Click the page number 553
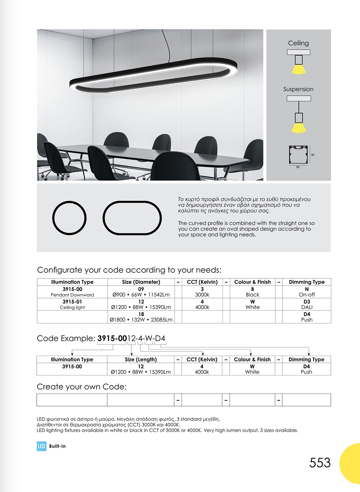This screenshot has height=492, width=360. coord(320,463)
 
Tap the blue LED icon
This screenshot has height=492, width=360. coord(41,446)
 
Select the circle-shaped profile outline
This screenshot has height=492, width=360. coord(69,218)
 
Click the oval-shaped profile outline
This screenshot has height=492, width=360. coord(132,218)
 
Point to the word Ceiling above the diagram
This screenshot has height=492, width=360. coord(298,43)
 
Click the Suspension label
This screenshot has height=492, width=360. coord(298,89)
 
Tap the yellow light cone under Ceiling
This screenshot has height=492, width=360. coord(298,69)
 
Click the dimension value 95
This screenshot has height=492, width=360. coord(298,167)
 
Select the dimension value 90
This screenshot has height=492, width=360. coord(312,155)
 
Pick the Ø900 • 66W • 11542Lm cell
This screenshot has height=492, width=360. coord(141,295)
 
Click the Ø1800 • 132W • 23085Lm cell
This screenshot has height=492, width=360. coord(141,320)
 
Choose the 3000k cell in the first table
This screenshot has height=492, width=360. coord(202,295)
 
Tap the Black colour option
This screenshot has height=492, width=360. coord(252,295)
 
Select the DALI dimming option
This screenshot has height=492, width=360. coord(307,307)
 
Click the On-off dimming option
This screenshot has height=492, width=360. coord(307,295)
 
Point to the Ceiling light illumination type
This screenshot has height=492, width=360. coord(72,307)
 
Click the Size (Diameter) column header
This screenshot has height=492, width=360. coord(141,282)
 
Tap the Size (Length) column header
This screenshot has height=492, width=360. coord(141,359)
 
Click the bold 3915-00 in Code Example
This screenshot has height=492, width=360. coord(112,338)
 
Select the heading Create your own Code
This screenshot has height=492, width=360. coord(82,387)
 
